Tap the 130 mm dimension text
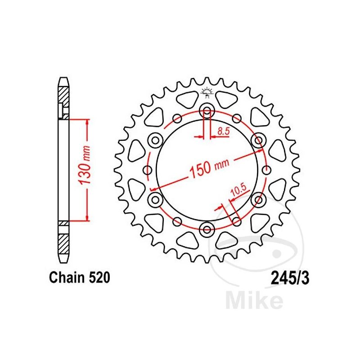click(x=84, y=165)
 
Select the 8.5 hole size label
click(x=223, y=131)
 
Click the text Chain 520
click(x=80, y=277)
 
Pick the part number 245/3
click(x=290, y=279)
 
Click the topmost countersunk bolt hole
click(x=207, y=111)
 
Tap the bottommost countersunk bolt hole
click(x=207, y=229)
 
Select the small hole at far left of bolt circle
click(x=148, y=170)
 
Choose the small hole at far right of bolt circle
click(x=266, y=170)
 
